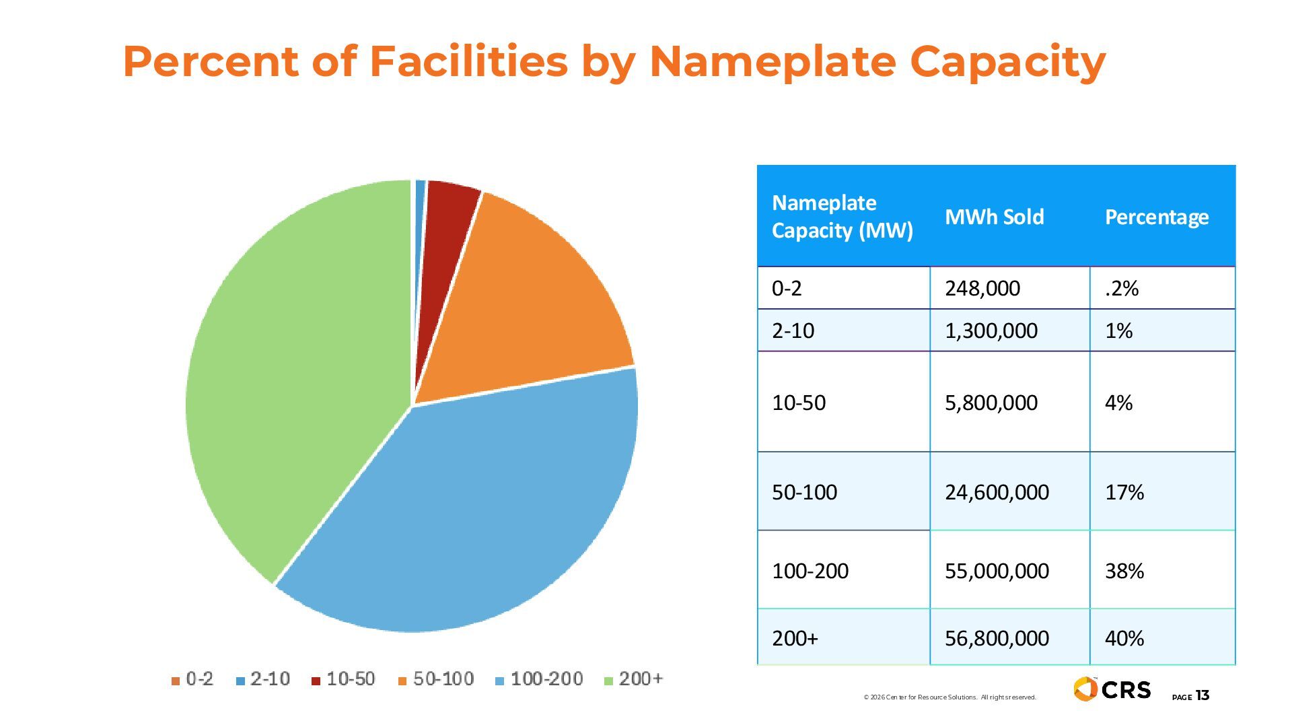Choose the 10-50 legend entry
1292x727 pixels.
coord(343,679)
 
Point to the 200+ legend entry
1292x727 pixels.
coord(634,679)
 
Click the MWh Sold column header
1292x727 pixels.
coord(994,217)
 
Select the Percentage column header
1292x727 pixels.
coord(1156,217)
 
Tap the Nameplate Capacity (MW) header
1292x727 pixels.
coord(842,217)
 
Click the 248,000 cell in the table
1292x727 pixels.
coord(982,288)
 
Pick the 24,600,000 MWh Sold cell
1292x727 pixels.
coord(997,492)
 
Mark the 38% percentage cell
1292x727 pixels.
coord(1124,571)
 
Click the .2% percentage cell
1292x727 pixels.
coord(1122,288)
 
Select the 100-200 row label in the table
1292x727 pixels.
coord(810,571)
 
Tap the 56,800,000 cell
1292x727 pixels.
coord(997,638)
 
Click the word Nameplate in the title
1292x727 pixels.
coord(773,62)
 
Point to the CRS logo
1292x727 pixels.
coord(1112,689)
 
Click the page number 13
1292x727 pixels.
coord(1203,696)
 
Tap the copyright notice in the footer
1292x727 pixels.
coord(949,697)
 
